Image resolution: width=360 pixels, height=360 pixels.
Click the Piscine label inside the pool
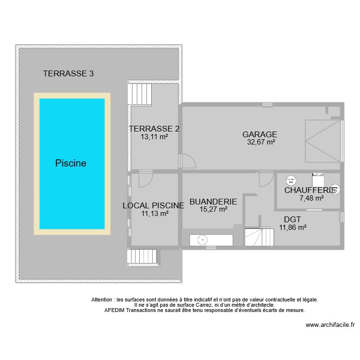pyautogui.click(x=71, y=163)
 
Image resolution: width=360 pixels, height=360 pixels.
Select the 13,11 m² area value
pyautogui.click(x=154, y=136)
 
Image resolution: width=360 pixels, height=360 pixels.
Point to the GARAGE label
pyautogui.click(x=260, y=134)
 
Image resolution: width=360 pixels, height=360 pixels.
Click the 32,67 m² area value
pyautogui.click(x=261, y=142)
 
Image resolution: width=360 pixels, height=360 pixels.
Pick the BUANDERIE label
pyautogui.click(x=213, y=202)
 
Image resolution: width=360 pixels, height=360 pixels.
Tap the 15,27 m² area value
pyautogui.click(x=214, y=209)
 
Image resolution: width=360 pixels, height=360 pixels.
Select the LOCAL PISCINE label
pyautogui.click(x=154, y=205)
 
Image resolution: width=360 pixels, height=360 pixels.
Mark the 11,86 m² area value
pyautogui.click(x=293, y=228)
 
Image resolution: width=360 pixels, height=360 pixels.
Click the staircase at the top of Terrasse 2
pyautogui.click(x=139, y=94)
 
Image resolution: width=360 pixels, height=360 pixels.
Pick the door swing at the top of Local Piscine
pyautogui.click(x=145, y=179)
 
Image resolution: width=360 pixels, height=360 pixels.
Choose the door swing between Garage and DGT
pyautogui.click(x=265, y=179)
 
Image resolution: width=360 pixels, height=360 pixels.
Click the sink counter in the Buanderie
pyautogui.click(x=211, y=240)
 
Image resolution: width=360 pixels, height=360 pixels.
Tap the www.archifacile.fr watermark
pyautogui.click(x=330, y=325)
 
